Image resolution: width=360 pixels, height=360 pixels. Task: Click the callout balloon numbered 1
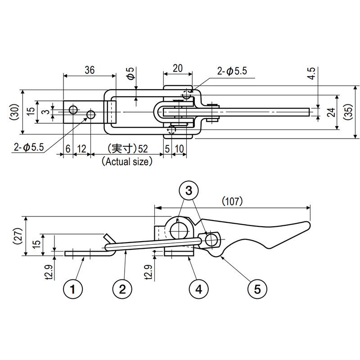73,289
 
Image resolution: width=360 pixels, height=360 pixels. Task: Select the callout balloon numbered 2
122,289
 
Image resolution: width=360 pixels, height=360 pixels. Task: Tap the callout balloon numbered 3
189,190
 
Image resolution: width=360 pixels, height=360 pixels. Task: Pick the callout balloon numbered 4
199,289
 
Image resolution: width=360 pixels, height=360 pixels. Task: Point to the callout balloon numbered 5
257,289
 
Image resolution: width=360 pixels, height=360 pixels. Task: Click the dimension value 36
90,70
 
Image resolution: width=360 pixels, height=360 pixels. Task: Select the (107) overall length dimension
232,201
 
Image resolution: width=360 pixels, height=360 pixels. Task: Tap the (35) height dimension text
348,112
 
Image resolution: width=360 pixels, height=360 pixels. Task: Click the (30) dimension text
15,112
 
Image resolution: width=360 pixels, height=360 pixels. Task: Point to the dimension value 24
331,112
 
